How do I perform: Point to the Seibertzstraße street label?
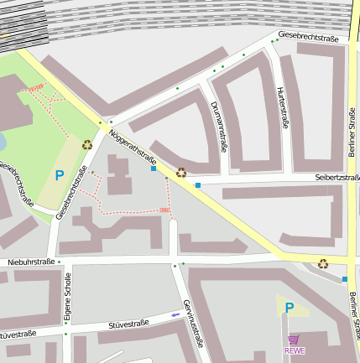[337, 178]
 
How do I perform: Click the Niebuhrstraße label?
[31, 262]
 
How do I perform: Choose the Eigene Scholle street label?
[68, 297]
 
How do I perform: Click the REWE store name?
[295, 350]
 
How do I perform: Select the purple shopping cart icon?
[294, 340]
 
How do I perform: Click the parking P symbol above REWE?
[289, 309]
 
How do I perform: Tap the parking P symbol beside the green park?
[59, 175]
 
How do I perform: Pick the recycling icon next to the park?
[87, 144]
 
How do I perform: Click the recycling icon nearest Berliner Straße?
[322, 264]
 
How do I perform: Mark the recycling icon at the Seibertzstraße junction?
[180, 173]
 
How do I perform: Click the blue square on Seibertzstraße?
[198, 184]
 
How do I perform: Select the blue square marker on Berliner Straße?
[345, 279]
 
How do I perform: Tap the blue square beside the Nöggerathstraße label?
[154, 169]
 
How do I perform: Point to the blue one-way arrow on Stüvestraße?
[175, 315]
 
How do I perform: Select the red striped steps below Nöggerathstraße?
[164, 210]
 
